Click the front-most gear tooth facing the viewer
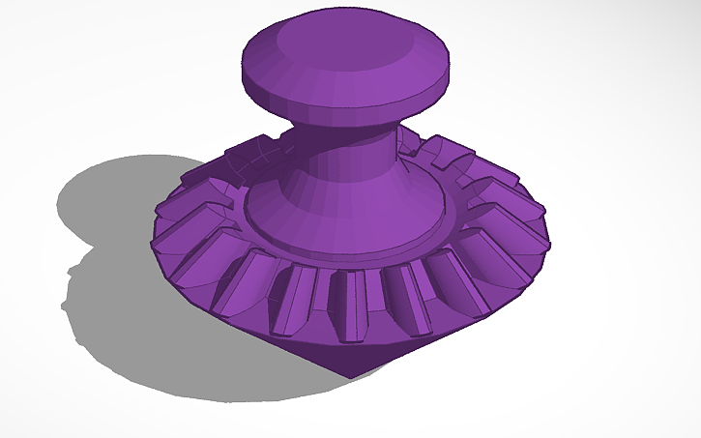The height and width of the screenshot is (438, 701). point(350,302)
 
